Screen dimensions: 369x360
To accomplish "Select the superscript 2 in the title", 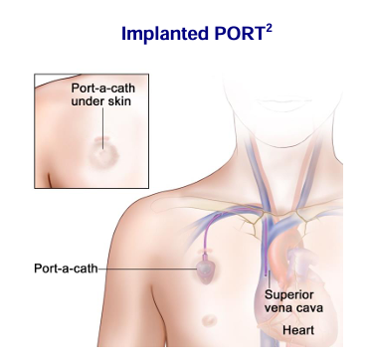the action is pyautogui.click(x=269, y=29).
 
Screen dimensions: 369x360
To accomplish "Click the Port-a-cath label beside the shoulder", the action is pyautogui.click(x=66, y=269).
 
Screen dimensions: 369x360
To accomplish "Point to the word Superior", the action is pyautogui.click(x=289, y=295).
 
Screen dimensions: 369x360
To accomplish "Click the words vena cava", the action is pyautogui.click(x=293, y=308).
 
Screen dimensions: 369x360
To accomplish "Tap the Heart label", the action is pyautogui.click(x=298, y=330).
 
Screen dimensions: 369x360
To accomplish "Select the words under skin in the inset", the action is pyautogui.click(x=101, y=101).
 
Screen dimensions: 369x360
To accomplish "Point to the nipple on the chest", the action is pyautogui.click(x=209, y=320).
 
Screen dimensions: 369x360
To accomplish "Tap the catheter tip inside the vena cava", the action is pyautogui.click(x=266, y=273).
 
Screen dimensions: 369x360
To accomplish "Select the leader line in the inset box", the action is pyautogui.click(x=102, y=128).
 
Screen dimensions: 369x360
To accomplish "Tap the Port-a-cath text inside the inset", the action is pyautogui.click(x=103, y=89).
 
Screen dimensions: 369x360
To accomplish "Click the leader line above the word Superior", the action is pyautogui.click(x=270, y=280).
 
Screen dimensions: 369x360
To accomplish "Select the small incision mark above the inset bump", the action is pyautogui.click(x=102, y=139).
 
